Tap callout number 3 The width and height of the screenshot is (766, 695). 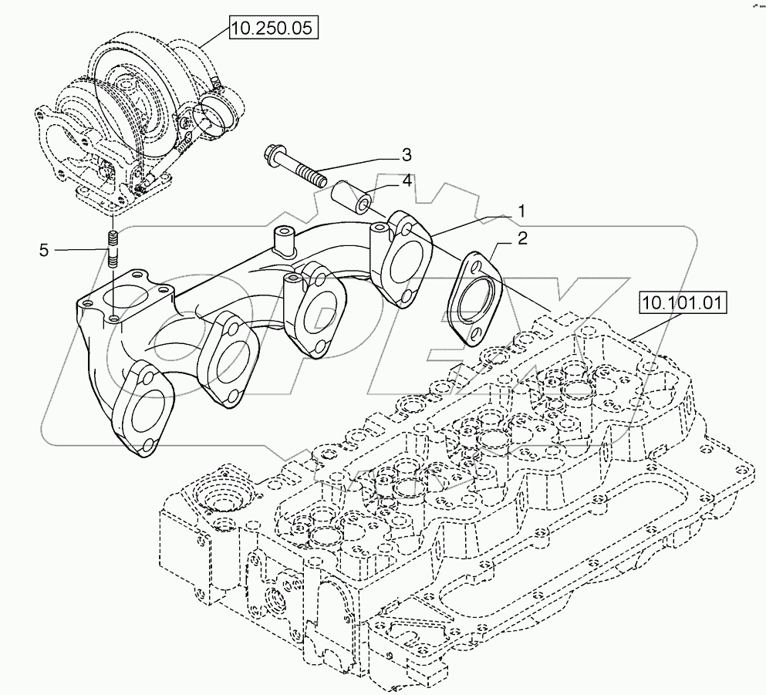tap(405, 155)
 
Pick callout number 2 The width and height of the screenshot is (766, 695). tap(522, 240)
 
